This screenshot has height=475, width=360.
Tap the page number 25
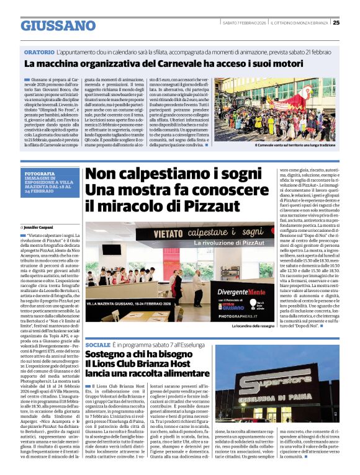pos(336,22)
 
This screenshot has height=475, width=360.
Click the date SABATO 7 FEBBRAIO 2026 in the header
pos(245,23)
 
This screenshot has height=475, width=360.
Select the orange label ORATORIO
pos(38,53)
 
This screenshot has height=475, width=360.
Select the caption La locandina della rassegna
pos(253,326)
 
